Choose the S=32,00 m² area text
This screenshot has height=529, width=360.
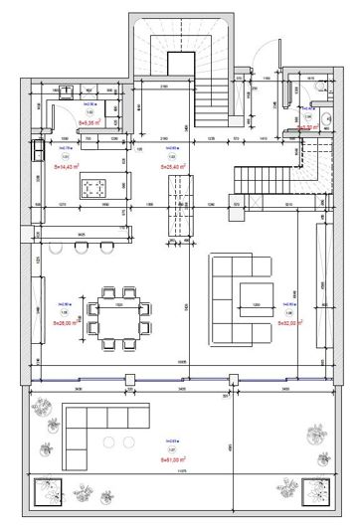pyautogui.click(x=287, y=322)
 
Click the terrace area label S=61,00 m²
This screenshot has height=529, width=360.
pyautogui.click(x=175, y=459)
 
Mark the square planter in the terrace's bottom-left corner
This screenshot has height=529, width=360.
pyautogui.click(x=49, y=490)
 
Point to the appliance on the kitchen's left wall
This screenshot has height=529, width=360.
pyautogui.click(x=39, y=150)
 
